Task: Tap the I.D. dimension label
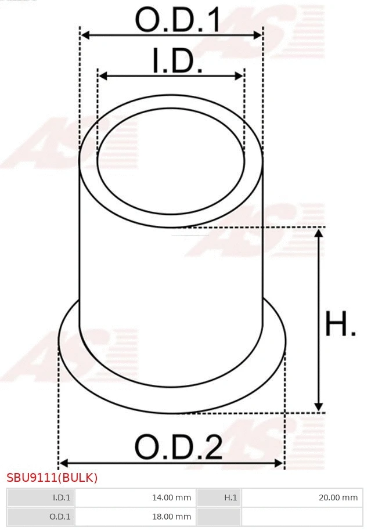pos(177,61)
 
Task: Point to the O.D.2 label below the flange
pos(178,447)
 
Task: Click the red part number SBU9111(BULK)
pos(52,478)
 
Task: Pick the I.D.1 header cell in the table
pos(41,497)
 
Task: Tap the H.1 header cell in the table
pos(219,497)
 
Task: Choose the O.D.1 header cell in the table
pos(41,516)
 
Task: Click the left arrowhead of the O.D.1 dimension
pos(84,35)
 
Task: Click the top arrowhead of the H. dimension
pos(318,233)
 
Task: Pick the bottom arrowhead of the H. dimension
pos(318,407)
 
